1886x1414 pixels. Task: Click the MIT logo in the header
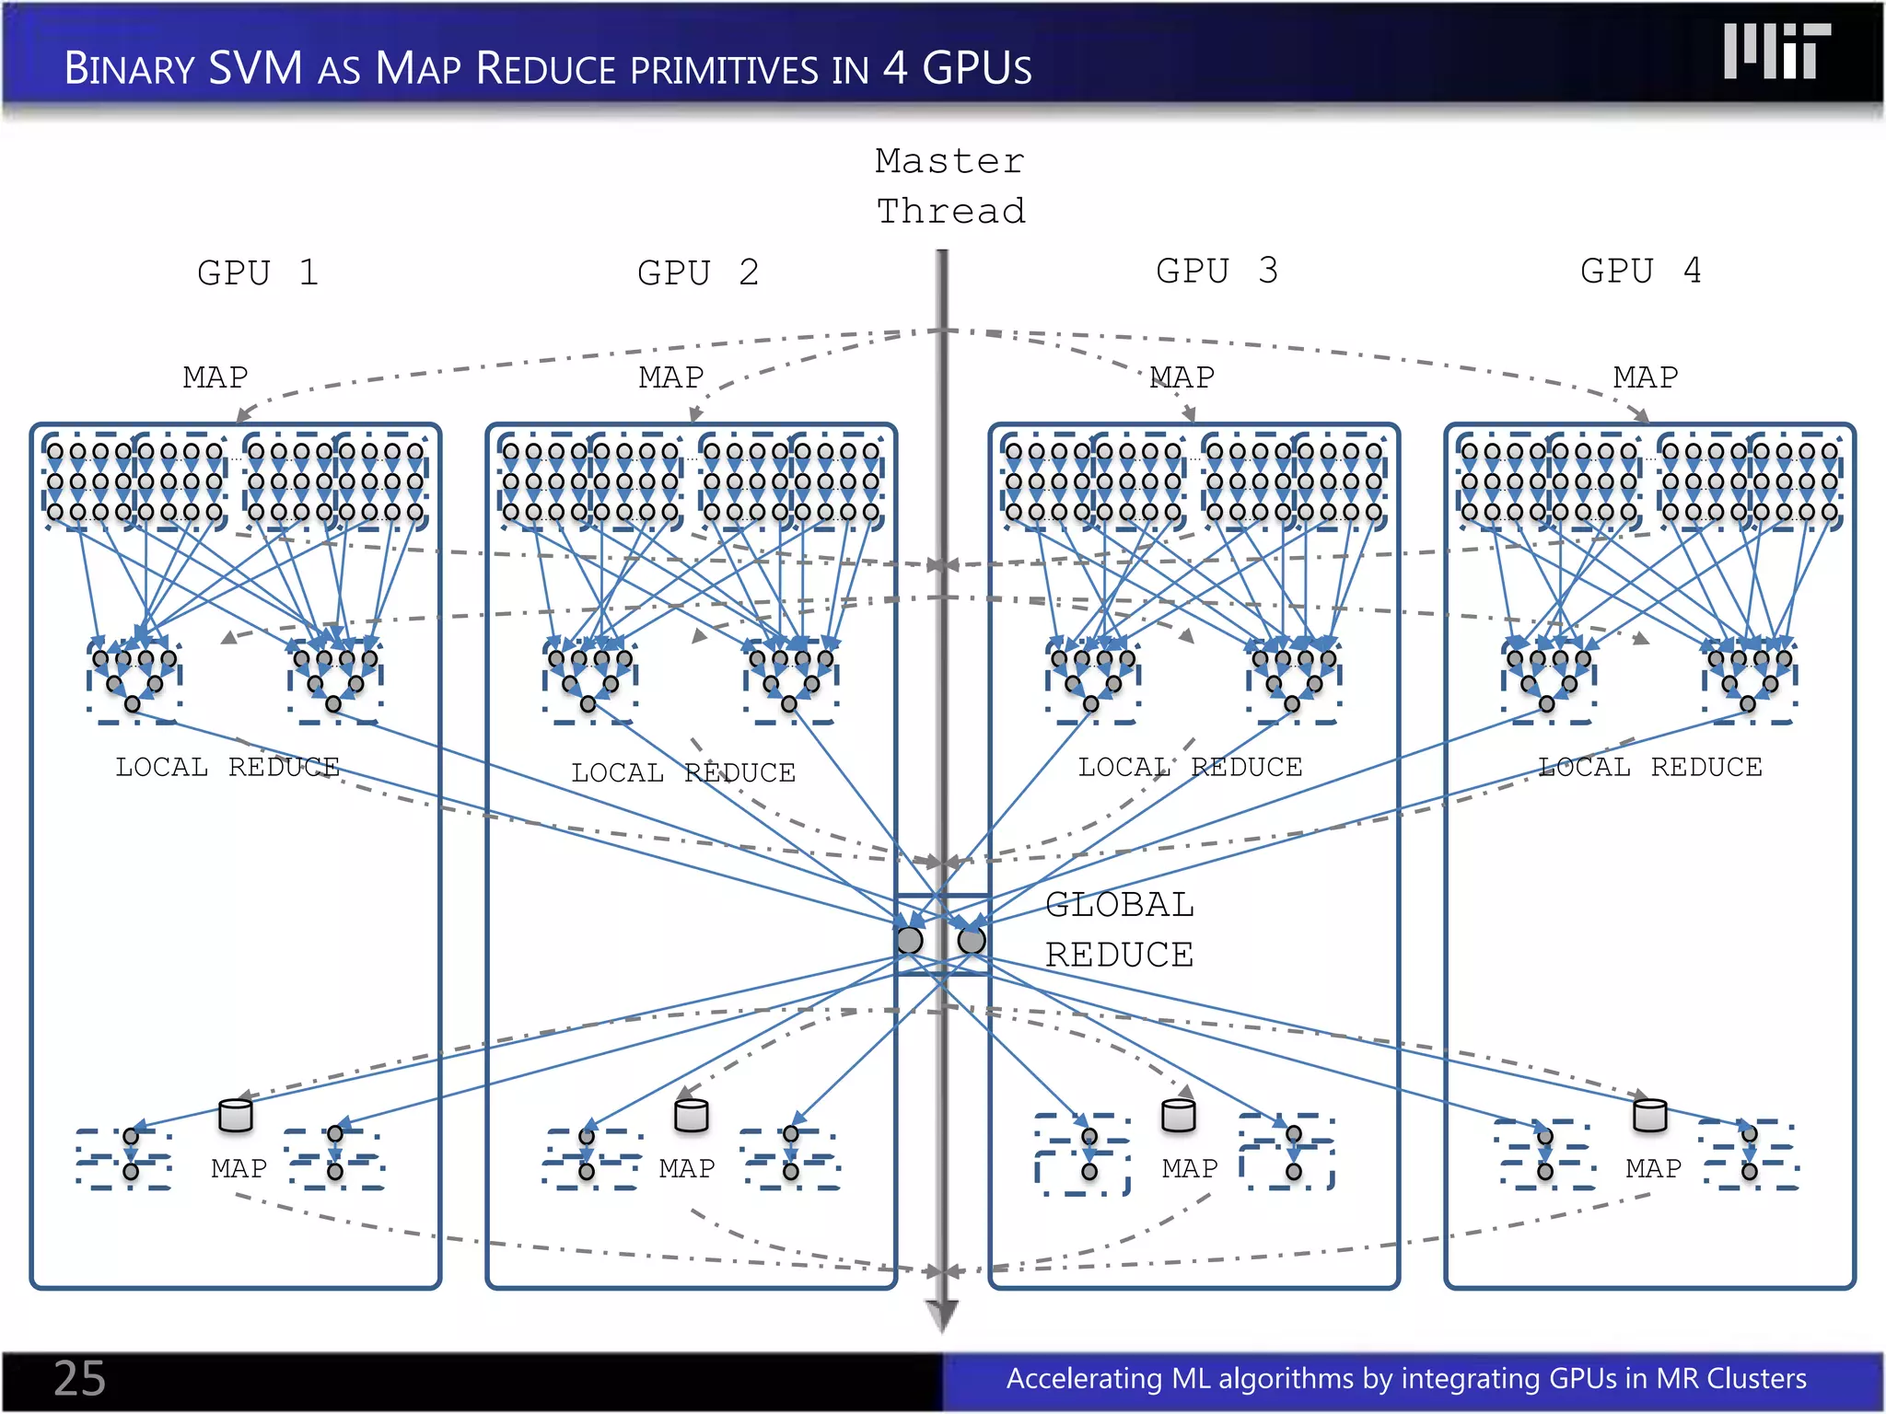pyautogui.click(x=1776, y=52)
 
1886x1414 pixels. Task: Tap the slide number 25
pyautogui.click(x=79, y=1378)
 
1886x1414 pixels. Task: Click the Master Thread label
pyautogui.click(x=949, y=186)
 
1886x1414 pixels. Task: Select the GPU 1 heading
pyautogui.click(x=258, y=273)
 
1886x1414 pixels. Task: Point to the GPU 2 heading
pyautogui.click(x=698, y=273)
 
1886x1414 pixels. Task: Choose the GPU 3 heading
pyautogui.click(x=1217, y=272)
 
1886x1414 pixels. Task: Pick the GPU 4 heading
pyautogui.click(x=1641, y=272)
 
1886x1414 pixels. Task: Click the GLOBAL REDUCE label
pyautogui.click(x=1119, y=930)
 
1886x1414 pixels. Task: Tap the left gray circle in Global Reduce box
pyautogui.click(x=910, y=940)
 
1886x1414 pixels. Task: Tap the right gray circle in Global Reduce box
pyautogui.click(x=972, y=940)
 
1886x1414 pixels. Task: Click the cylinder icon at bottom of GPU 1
pyautogui.click(x=236, y=1116)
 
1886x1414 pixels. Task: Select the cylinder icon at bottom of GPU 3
pyautogui.click(x=1179, y=1116)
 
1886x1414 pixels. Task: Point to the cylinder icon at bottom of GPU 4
pyautogui.click(x=1649, y=1116)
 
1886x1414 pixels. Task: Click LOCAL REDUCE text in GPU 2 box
pyautogui.click(x=682, y=772)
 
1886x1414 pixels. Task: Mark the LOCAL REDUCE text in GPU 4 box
pyautogui.click(x=1650, y=767)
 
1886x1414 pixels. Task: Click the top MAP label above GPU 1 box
pyautogui.click(x=215, y=377)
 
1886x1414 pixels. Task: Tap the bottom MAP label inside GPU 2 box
pyautogui.click(x=687, y=1168)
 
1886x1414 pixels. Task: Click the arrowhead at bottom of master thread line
pyautogui.click(x=942, y=1316)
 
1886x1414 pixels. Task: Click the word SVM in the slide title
pyautogui.click(x=255, y=68)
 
